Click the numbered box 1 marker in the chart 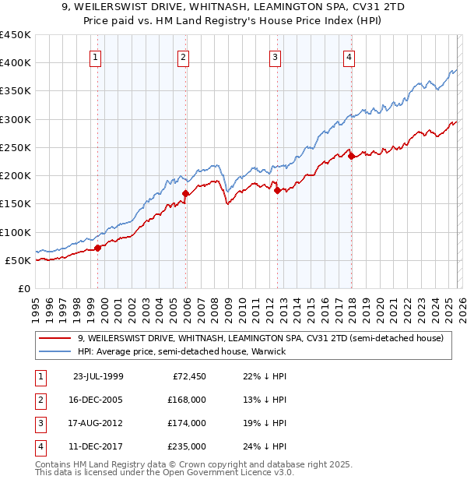(95, 56)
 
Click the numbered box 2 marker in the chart (183, 56)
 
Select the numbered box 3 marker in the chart (276, 56)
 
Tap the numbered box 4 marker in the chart (349, 56)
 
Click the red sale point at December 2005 (186, 193)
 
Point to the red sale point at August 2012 (278, 190)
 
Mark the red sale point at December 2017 (351, 156)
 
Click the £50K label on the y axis (19, 260)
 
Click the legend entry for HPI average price (181, 351)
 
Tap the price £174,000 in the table (186, 423)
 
